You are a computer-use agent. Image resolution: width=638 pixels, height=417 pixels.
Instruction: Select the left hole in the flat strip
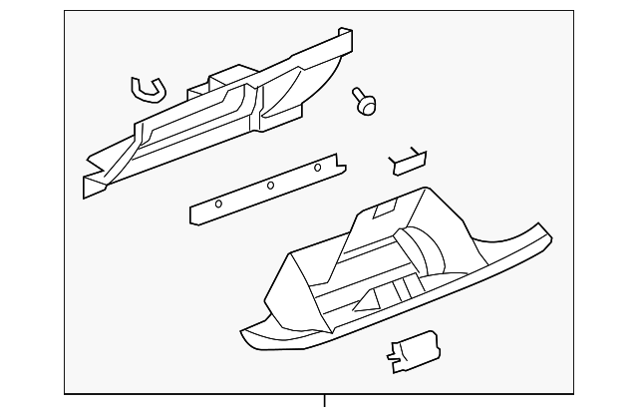219,204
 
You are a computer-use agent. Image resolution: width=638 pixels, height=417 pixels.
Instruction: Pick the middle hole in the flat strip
270,185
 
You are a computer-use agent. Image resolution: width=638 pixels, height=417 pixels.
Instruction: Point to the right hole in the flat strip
318,167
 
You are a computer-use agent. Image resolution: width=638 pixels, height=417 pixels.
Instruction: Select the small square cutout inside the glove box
384,210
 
